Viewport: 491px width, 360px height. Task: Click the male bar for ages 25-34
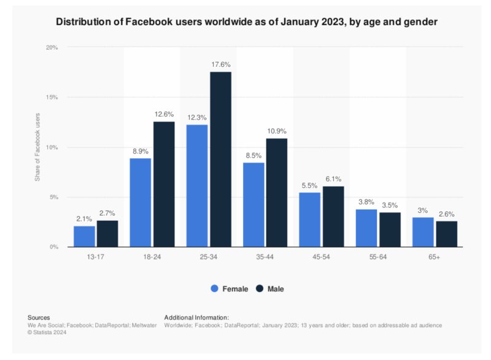tap(220, 159)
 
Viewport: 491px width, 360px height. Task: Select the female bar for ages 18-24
tap(140, 202)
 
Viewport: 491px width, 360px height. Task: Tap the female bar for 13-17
tap(84, 236)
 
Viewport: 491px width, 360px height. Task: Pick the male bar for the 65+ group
tap(446, 234)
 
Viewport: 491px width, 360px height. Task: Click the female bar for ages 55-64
tap(366, 228)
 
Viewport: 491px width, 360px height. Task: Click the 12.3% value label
tap(196, 117)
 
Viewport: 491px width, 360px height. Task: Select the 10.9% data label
tap(277, 131)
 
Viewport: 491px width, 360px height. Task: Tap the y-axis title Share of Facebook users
tap(37, 147)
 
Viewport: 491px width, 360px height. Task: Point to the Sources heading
tap(39, 317)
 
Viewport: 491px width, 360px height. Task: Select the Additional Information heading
tap(196, 317)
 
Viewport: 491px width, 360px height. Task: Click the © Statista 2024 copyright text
tap(47, 332)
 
